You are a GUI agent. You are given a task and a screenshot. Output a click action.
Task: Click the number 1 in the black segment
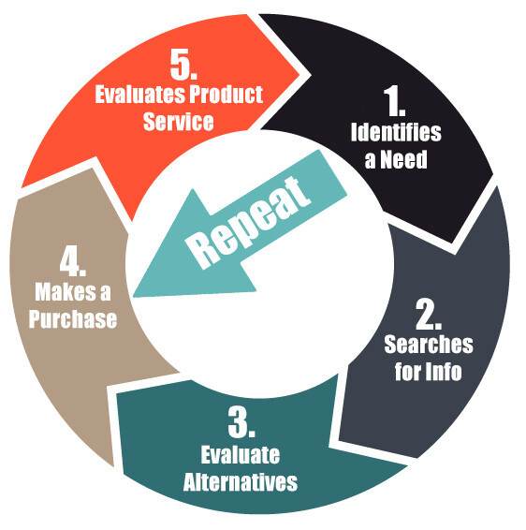point(394,101)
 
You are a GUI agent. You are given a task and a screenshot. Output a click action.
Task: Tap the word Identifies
point(396,132)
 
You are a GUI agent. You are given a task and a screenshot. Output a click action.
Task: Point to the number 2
point(429,314)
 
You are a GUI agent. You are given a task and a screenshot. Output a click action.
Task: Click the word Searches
point(429,345)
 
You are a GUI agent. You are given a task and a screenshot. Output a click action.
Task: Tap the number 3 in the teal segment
point(241,422)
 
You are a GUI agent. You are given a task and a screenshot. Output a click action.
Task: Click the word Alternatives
point(241,481)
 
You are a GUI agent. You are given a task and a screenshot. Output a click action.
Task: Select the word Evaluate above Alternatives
point(241,455)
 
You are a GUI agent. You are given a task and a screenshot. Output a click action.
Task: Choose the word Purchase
point(73,318)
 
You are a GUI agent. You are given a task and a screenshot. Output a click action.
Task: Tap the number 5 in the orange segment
point(183,64)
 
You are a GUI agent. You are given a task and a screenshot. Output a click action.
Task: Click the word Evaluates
point(139,95)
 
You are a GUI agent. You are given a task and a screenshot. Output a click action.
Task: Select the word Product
point(226,94)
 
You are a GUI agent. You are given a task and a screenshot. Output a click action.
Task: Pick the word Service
point(179,122)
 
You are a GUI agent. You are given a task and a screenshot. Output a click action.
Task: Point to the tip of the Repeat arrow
point(133,297)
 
